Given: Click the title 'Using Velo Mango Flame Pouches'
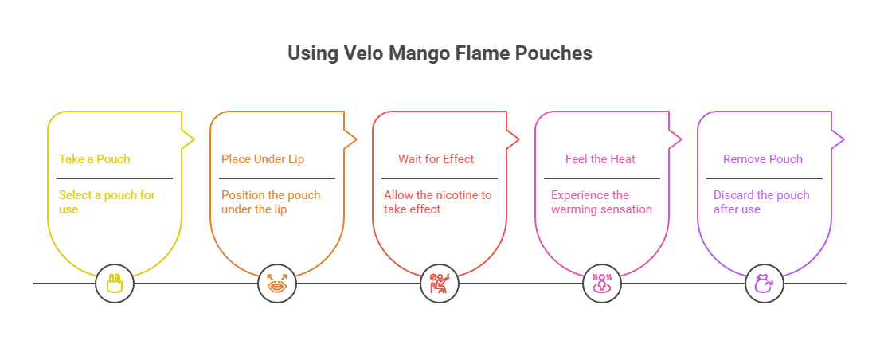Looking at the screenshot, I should coord(440,53).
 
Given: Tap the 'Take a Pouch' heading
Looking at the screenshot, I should coord(94,158).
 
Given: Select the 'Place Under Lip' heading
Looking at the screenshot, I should coord(262,158).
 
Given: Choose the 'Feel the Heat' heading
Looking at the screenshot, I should coord(600,158).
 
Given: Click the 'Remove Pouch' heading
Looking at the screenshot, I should coord(762,158).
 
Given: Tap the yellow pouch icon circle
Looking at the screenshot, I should coord(115,284).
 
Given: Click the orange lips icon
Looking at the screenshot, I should coord(277,284).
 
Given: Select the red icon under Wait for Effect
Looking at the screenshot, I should coord(440,284).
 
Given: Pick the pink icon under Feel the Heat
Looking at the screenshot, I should coord(602,284).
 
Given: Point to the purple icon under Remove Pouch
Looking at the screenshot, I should coord(765,284).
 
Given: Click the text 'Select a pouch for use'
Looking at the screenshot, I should coord(107,202).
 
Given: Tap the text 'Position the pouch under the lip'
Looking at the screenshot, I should coord(270,202).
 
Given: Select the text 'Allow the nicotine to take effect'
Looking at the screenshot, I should coord(437,202).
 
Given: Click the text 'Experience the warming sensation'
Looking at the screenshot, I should coord(601,202).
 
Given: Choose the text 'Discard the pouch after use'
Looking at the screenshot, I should coord(761,202).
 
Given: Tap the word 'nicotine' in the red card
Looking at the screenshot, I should coord(456,195).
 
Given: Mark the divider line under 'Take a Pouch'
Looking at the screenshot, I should coord(115,178).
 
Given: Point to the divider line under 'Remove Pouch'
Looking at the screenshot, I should coord(765,178).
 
